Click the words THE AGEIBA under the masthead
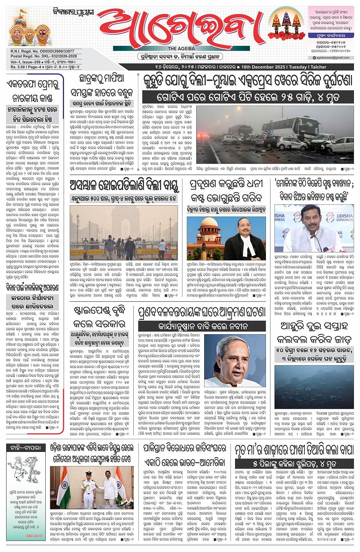tap(181, 49)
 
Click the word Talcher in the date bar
tap(318, 67)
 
